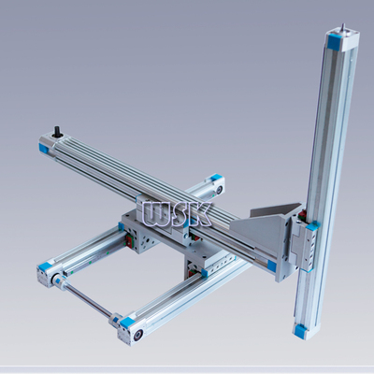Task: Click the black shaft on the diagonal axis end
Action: (58, 131)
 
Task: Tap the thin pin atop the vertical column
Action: (343, 27)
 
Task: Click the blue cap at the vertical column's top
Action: (335, 42)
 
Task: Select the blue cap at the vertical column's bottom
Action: (300, 330)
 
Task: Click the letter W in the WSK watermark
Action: (157, 214)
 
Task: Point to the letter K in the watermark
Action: (200, 214)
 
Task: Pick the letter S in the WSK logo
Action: (180, 214)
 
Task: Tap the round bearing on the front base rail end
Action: (138, 335)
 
